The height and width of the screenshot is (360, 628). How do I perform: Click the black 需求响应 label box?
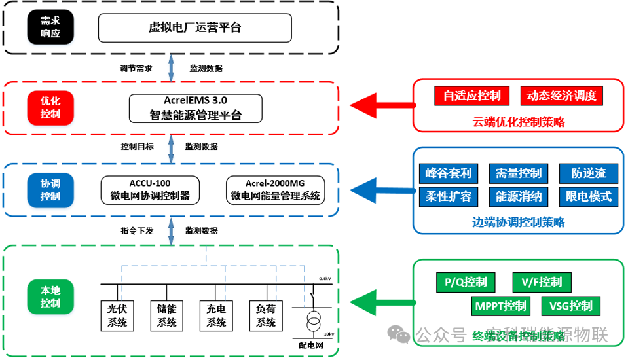click(50, 27)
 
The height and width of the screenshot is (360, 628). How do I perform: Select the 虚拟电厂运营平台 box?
click(194, 27)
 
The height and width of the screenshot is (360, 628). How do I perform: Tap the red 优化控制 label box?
click(50, 107)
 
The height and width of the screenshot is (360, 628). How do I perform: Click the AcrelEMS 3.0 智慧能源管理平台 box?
click(195, 108)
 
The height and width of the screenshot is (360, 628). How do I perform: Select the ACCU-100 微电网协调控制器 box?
click(150, 189)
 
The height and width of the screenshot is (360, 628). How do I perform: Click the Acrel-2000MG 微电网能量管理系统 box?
click(275, 189)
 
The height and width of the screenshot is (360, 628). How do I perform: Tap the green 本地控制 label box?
click(50, 297)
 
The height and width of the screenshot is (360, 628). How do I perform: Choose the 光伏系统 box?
click(117, 315)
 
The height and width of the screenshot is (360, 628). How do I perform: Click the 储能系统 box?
click(166, 315)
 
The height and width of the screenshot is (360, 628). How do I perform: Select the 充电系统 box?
click(216, 315)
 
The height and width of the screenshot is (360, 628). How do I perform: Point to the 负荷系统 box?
click(266, 315)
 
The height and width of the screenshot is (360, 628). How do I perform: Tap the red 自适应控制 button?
click(471, 96)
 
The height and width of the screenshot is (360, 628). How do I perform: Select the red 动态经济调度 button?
click(561, 96)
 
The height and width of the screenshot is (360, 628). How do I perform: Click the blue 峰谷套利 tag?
click(448, 173)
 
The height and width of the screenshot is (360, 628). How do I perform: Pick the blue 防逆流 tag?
click(588, 173)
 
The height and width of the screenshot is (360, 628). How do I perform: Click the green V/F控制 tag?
click(542, 282)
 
